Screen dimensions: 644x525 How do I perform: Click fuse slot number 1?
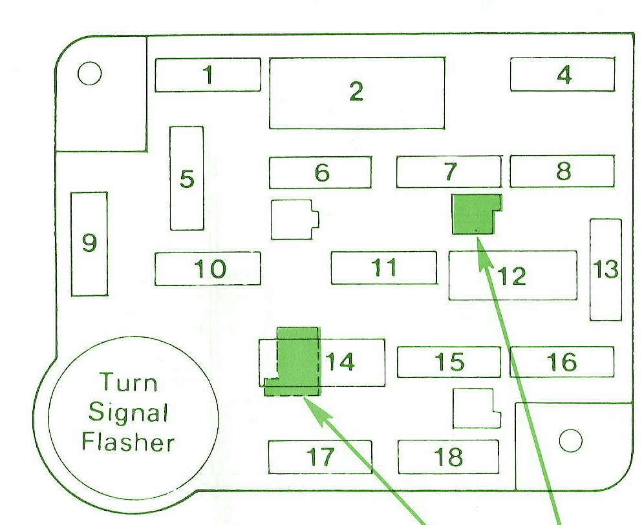click(x=208, y=75)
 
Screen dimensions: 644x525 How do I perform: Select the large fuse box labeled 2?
click(x=357, y=93)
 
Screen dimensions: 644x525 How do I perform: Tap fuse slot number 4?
click(x=563, y=74)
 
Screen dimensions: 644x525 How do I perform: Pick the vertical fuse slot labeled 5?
click(x=187, y=178)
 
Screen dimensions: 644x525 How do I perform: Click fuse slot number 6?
click(x=320, y=172)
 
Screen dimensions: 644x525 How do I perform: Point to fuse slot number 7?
click(x=449, y=171)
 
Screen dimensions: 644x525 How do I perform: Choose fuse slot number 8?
click(x=563, y=171)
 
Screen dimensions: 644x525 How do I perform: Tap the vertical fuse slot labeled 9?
click(x=89, y=243)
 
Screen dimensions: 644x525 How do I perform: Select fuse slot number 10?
click(x=208, y=269)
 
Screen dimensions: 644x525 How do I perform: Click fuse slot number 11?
click(x=384, y=267)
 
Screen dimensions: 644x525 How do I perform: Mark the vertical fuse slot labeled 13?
click(x=606, y=269)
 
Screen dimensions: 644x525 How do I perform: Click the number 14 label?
click(x=340, y=362)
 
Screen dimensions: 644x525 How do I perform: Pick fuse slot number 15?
click(x=449, y=362)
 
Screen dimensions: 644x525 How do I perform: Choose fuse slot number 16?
click(x=562, y=362)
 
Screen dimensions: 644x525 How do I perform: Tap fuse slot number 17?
click(x=320, y=457)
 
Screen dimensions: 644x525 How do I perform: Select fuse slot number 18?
click(x=449, y=457)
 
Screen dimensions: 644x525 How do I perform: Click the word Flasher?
click(x=128, y=442)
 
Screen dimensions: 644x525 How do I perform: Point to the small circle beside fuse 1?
click(x=89, y=74)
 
